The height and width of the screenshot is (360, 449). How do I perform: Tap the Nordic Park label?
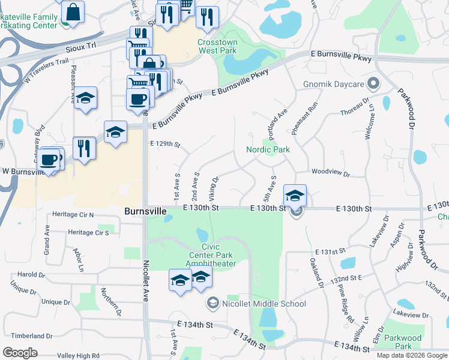point(268,149)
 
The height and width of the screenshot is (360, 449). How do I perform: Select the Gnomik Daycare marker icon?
point(375,83)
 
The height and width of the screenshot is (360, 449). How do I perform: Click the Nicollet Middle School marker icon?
point(212,304)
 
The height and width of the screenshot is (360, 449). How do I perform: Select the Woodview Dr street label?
point(331,173)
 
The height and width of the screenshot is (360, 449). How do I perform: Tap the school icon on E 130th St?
point(295,195)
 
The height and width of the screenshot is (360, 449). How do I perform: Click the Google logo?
point(20,353)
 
